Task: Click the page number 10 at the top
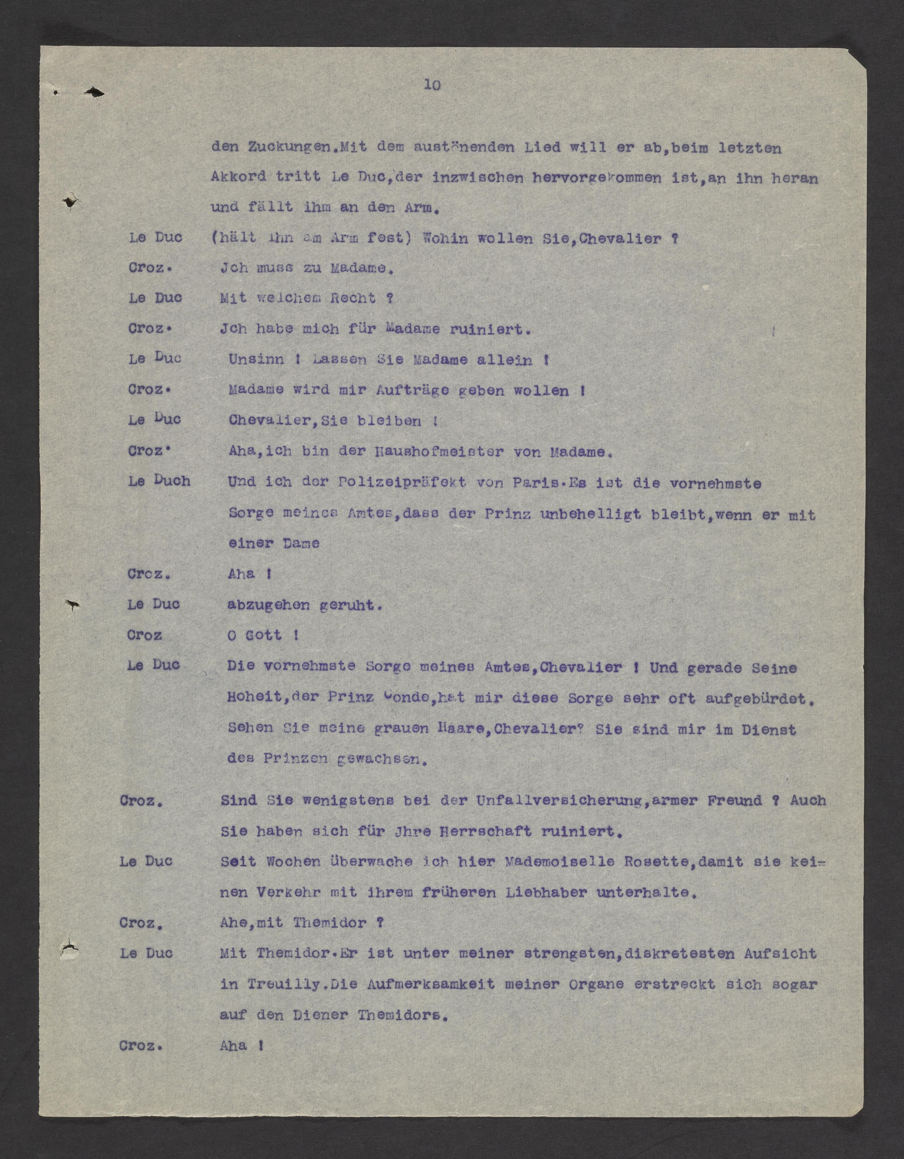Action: click(432, 85)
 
